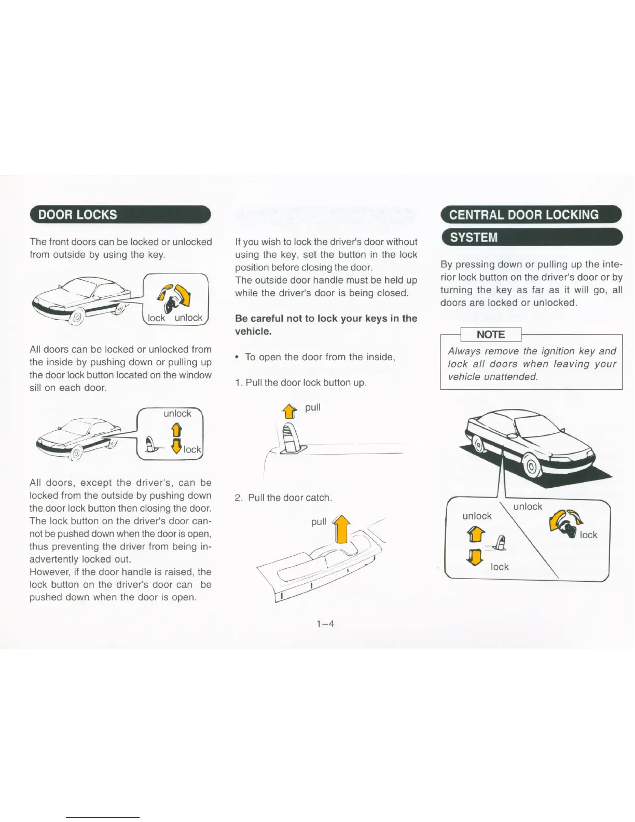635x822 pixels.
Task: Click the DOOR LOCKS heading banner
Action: click(x=120, y=214)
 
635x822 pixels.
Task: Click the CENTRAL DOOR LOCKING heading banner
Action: click(x=530, y=214)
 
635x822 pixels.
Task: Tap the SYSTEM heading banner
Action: click(x=530, y=237)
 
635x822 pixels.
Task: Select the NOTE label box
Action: click(x=490, y=335)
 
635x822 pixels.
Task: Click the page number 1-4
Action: click(x=325, y=624)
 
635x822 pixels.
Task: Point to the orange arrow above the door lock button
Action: click(x=289, y=412)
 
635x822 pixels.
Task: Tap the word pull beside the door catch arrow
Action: click(x=319, y=522)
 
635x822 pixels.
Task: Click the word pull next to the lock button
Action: click(x=313, y=407)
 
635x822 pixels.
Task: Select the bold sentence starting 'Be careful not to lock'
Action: click(x=326, y=325)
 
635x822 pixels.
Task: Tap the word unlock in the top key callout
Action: click(x=188, y=318)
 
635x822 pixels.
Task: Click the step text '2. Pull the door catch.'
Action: click(x=283, y=498)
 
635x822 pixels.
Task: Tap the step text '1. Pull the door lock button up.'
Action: click(x=301, y=382)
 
